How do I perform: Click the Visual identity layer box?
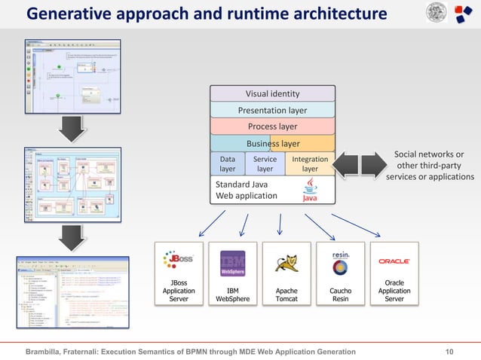[x=272, y=94]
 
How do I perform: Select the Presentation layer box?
[x=272, y=111]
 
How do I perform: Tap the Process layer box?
[x=272, y=127]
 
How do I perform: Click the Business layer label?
[x=272, y=144]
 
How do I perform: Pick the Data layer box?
[x=227, y=164]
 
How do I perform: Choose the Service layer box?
[x=265, y=164]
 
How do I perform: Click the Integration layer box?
[x=310, y=164]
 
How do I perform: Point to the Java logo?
[x=310, y=190]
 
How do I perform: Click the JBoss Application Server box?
[x=179, y=273]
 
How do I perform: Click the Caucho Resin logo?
[x=341, y=263]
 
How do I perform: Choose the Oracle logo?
[x=394, y=261]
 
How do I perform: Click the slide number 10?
[x=450, y=352]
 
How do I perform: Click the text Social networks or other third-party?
[x=429, y=160]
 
